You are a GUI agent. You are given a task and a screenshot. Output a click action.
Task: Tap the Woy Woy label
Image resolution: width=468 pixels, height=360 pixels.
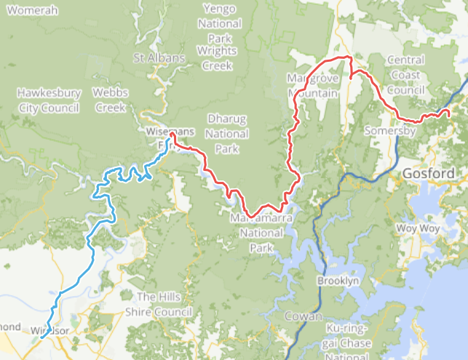[x=415, y=228]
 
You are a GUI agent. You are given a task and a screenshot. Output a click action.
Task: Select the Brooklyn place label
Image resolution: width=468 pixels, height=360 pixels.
[x=338, y=281]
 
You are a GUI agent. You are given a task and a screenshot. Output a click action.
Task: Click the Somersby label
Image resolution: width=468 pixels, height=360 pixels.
[x=389, y=131]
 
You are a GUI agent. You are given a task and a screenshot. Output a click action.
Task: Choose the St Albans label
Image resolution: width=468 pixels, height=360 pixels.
[x=153, y=57]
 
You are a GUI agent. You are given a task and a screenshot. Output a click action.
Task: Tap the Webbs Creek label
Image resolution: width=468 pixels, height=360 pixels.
[x=110, y=100]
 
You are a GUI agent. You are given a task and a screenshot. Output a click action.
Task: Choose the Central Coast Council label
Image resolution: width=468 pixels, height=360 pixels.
[x=405, y=75]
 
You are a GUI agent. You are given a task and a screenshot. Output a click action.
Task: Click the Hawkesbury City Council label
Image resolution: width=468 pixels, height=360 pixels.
[x=48, y=100]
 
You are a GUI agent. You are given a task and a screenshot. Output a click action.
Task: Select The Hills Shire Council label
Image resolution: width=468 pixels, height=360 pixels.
[x=164, y=304]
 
